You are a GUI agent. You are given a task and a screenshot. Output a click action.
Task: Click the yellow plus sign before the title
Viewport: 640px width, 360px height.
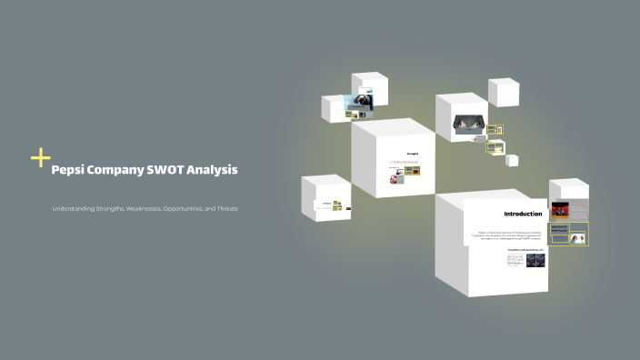click(40, 158)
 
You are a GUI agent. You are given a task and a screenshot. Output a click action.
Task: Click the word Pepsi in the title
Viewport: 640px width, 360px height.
click(69, 170)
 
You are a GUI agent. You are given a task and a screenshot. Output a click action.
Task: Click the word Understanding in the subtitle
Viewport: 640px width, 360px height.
click(76, 209)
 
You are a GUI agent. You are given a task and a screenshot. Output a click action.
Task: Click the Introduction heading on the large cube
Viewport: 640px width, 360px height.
click(523, 215)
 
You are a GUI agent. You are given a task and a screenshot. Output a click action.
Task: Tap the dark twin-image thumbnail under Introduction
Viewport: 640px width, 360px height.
click(538, 260)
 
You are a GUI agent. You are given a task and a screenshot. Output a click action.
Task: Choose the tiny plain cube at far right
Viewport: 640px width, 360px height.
click(512, 160)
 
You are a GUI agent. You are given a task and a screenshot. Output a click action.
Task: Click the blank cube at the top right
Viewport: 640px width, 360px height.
click(504, 92)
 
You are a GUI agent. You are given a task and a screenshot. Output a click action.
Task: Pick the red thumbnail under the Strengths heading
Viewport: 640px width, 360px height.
click(396, 179)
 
